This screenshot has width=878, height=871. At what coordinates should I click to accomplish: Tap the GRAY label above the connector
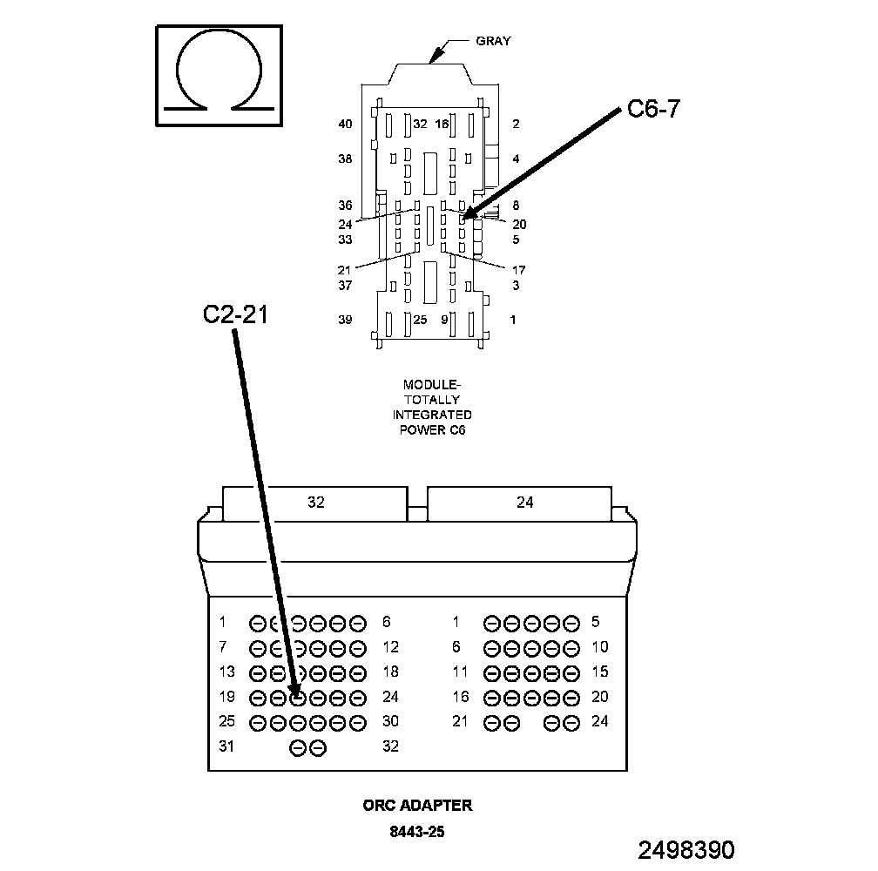(x=493, y=41)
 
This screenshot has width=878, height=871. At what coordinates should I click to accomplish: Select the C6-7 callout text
(x=653, y=109)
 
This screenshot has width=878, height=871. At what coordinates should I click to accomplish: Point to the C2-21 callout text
(x=235, y=314)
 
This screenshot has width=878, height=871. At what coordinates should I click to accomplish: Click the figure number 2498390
(x=686, y=850)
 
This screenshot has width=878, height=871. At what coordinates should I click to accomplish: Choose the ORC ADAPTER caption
(x=418, y=806)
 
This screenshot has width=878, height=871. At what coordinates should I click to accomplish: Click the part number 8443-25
(x=417, y=832)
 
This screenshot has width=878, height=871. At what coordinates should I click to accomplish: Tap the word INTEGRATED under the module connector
(x=432, y=415)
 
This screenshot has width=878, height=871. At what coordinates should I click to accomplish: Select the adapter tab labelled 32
(x=315, y=503)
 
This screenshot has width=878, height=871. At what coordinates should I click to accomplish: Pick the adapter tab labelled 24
(x=519, y=503)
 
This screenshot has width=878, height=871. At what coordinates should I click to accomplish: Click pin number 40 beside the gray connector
(x=346, y=124)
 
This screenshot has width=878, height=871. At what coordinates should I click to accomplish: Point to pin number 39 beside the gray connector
(x=345, y=320)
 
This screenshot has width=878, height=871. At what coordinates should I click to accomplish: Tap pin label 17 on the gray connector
(x=519, y=270)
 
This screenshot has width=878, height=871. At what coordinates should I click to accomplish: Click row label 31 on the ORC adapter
(x=226, y=746)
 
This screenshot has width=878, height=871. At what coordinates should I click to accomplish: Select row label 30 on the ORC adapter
(x=390, y=721)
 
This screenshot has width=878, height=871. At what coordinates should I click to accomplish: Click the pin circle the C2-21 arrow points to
(x=299, y=698)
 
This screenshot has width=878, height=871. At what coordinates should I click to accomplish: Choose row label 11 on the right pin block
(x=460, y=672)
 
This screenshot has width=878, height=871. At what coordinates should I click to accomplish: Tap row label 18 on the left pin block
(x=390, y=672)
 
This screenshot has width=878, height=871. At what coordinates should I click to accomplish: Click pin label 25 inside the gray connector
(x=420, y=320)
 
